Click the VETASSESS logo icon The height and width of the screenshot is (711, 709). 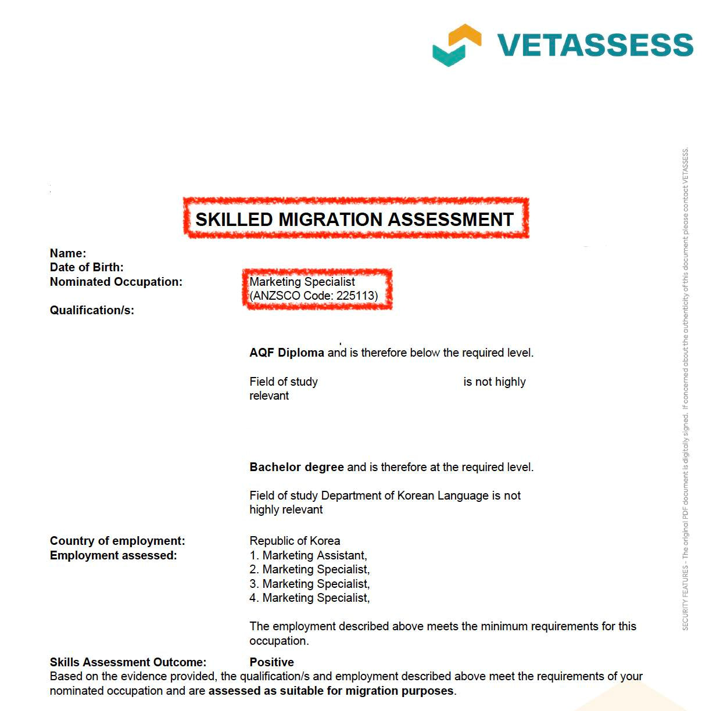pyautogui.click(x=457, y=45)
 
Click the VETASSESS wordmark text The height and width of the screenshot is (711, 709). pyautogui.click(x=595, y=45)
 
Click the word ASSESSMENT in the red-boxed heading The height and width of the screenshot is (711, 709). pyautogui.click(x=450, y=220)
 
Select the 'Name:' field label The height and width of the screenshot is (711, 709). pyautogui.click(x=68, y=253)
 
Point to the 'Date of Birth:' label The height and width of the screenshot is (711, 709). pyautogui.click(x=87, y=267)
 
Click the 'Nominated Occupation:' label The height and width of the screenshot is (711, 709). pyautogui.click(x=116, y=282)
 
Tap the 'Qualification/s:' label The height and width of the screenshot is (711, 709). pyautogui.click(x=92, y=310)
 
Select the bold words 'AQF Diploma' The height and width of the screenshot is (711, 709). pyautogui.click(x=287, y=353)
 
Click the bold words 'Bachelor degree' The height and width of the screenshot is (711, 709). pyautogui.click(x=296, y=467)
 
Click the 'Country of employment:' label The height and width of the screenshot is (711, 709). pyautogui.click(x=117, y=541)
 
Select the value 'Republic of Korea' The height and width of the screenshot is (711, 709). pyautogui.click(x=295, y=541)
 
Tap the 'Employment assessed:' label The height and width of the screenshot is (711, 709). pyautogui.click(x=113, y=555)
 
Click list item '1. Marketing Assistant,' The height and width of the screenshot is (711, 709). pyautogui.click(x=308, y=555)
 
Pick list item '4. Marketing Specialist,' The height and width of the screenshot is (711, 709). pyautogui.click(x=309, y=598)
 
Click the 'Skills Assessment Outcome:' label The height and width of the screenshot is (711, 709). pyautogui.click(x=128, y=662)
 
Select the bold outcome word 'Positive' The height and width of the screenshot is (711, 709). pyautogui.click(x=271, y=662)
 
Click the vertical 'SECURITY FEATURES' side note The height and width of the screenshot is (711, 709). pyautogui.click(x=686, y=389)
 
